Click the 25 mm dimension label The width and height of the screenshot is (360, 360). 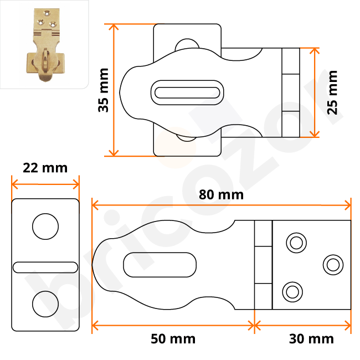(332, 91)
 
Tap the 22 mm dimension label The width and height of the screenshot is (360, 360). (45, 168)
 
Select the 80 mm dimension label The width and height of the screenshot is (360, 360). (222, 195)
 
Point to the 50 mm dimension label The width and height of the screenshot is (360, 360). (173, 338)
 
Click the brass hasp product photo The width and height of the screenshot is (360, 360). (44, 44)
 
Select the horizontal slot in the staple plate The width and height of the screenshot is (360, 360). (45, 267)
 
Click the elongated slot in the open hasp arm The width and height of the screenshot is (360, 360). (160, 265)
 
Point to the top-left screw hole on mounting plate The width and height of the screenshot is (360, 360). (294, 242)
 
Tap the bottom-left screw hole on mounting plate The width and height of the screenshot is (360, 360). (292, 290)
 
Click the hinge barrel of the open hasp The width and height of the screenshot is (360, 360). (263, 265)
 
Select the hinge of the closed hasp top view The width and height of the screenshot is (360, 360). (290, 92)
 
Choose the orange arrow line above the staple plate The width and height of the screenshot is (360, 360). (45, 183)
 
